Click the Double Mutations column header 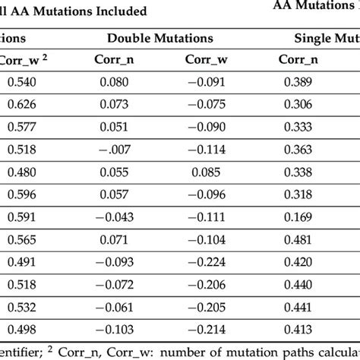[160, 37]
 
